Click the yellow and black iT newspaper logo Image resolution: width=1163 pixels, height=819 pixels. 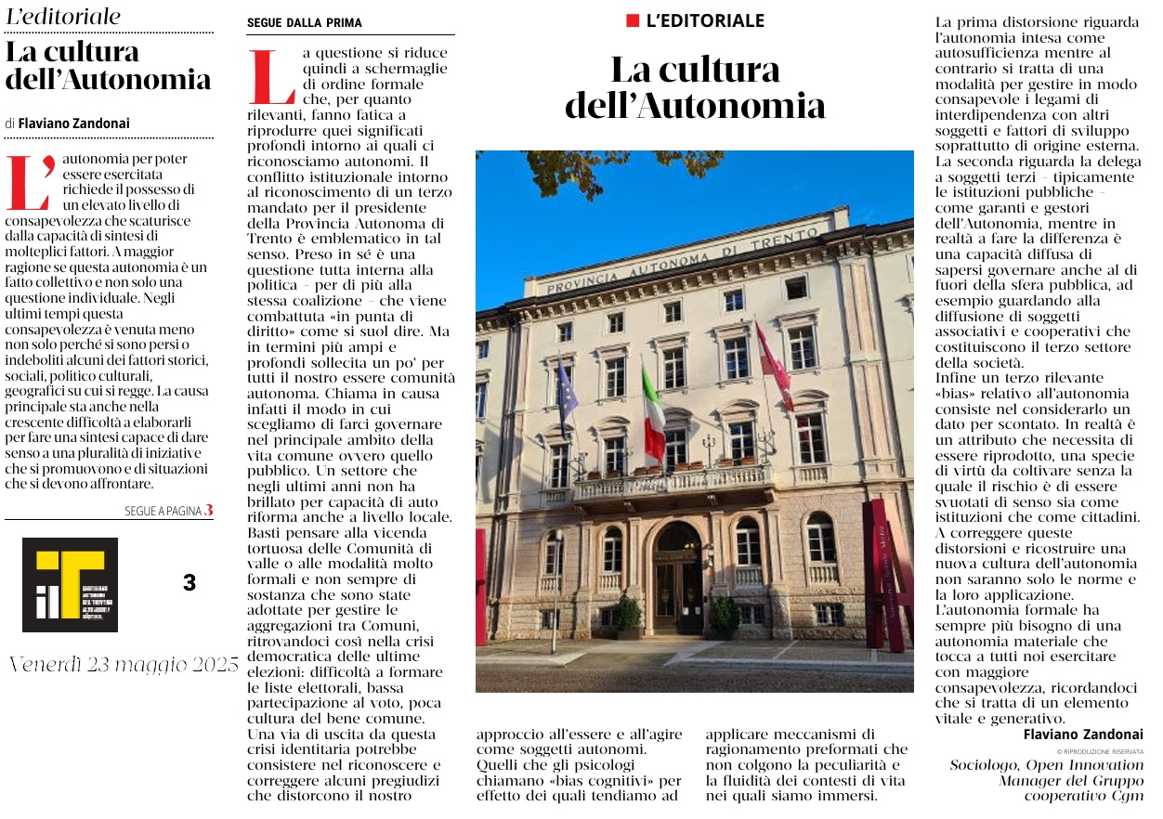tap(70, 584)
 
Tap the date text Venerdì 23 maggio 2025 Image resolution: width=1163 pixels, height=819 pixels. tap(124, 665)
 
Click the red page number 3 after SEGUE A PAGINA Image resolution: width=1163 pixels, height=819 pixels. tap(209, 510)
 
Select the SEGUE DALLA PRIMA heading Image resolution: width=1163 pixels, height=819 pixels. tap(305, 23)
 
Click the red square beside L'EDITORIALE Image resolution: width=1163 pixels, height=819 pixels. tap(633, 20)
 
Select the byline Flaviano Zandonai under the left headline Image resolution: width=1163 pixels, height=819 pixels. tap(73, 123)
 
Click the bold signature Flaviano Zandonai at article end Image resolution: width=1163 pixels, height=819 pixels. tap(1083, 734)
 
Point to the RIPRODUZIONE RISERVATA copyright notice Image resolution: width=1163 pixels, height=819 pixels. tap(1100, 751)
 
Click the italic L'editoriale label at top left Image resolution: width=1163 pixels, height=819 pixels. tap(63, 17)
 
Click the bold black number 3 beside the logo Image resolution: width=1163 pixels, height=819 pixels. tap(189, 583)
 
